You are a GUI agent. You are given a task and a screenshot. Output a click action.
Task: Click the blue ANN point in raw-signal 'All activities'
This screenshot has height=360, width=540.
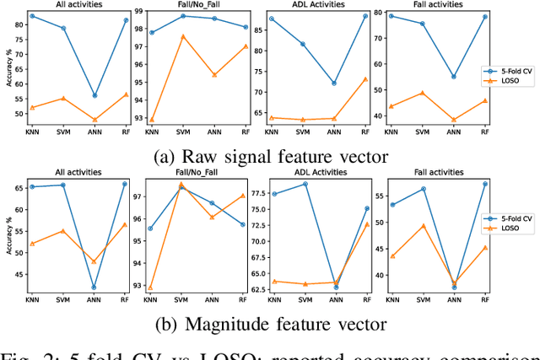pyautogui.click(x=94, y=95)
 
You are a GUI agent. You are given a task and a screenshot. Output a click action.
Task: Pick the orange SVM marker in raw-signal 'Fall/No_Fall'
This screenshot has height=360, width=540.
pyautogui.click(x=183, y=36)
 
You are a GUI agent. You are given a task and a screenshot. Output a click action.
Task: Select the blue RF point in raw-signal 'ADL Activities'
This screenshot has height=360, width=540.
pyautogui.click(x=365, y=15)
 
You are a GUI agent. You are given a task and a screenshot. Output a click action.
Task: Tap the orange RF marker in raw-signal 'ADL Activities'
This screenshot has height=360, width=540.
pyautogui.click(x=365, y=78)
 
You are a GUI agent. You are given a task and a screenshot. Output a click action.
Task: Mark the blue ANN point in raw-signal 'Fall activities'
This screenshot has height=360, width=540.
pyautogui.click(x=454, y=77)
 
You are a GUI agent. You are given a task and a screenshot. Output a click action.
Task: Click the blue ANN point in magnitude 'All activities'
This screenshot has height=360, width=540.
pyautogui.click(x=94, y=287)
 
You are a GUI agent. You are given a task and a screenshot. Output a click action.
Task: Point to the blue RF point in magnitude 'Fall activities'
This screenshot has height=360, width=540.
pyautogui.click(x=484, y=184)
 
